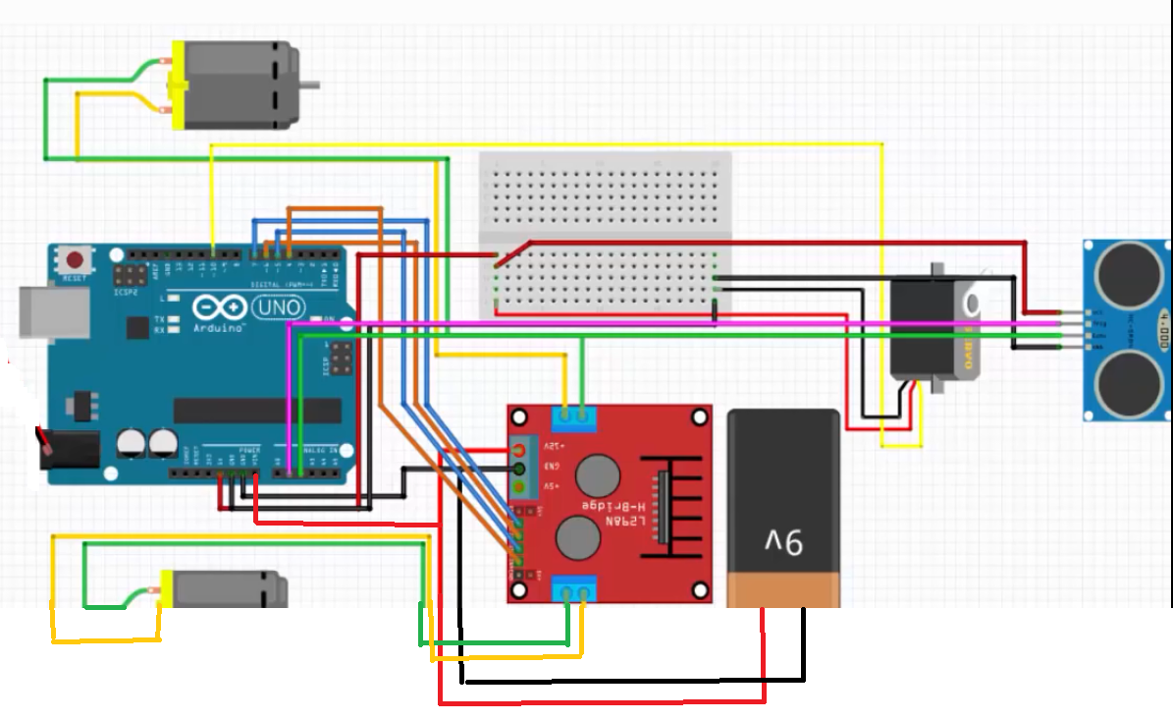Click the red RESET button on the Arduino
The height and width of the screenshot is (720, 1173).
click(x=75, y=261)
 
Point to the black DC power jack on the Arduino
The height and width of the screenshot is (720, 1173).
click(x=70, y=452)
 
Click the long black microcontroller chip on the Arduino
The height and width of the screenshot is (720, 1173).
click(x=257, y=411)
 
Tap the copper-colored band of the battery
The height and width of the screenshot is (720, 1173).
click(x=783, y=590)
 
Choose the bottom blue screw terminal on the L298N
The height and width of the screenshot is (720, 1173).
click(x=574, y=589)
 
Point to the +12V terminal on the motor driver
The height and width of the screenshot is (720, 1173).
click(x=519, y=450)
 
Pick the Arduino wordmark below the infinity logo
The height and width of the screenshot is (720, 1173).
click(x=219, y=327)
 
